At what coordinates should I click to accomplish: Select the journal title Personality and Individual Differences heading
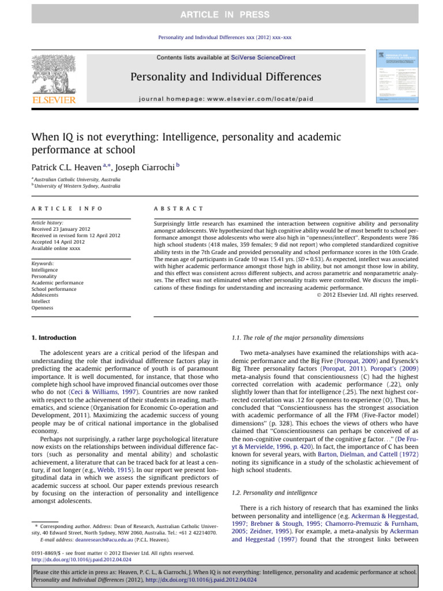coord(217,77)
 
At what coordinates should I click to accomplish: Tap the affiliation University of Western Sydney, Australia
coord(78,186)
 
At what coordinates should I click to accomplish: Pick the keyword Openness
coord(43,308)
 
